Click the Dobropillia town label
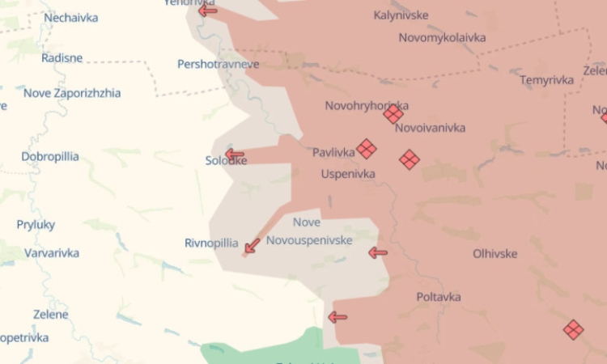point(50,157)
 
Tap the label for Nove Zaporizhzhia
point(72,93)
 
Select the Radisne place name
point(62,58)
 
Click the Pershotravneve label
point(219,64)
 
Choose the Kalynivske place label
point(401,15)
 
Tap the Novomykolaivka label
point(442,38)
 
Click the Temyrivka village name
point(547,80)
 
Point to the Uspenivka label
point(348,174)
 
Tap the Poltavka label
point(439,297)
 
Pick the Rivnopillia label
point(211,243)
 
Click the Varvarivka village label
point(52,253)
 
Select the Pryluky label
point(36,225)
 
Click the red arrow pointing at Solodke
point(235,154)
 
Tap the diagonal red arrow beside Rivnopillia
point(253,245)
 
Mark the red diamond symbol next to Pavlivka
point(367,149)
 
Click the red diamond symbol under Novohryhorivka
point(393,114)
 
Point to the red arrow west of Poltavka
point(337,317)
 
